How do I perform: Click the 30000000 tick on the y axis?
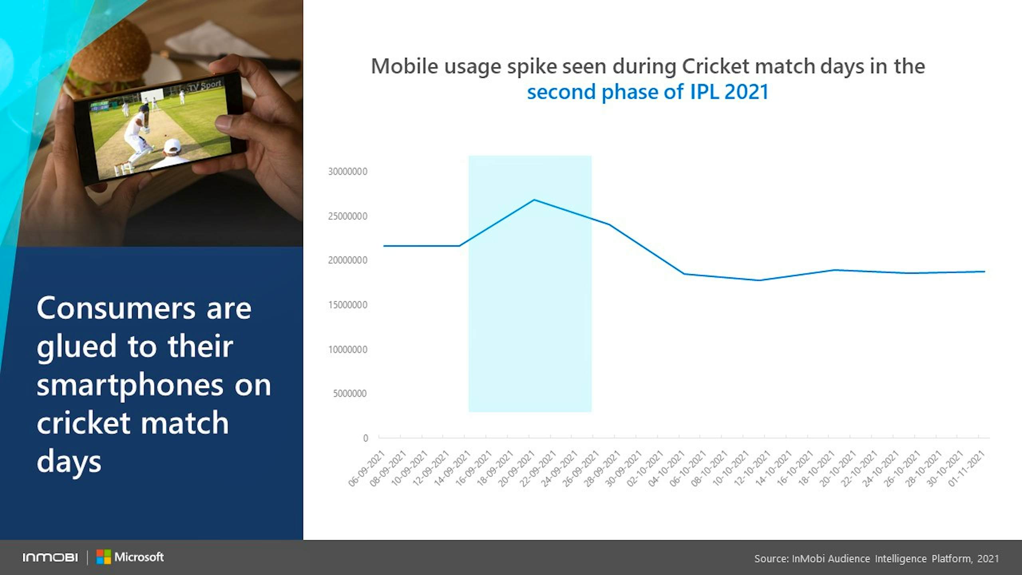click(347, 172)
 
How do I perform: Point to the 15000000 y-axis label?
click(347, 305)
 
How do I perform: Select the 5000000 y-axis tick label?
click(350, 394)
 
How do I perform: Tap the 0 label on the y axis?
click(365, 438)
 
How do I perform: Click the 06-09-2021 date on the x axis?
click(367, 468)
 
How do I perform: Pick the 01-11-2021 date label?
click(967, 468)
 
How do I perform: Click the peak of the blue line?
click(534, 200)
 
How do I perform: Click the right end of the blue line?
click(984, 272)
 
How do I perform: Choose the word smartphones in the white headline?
click(130, 385)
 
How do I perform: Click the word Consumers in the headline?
click(116, 308)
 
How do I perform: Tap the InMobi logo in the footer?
click(50, 557)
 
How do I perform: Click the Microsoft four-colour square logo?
click(103, 557)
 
